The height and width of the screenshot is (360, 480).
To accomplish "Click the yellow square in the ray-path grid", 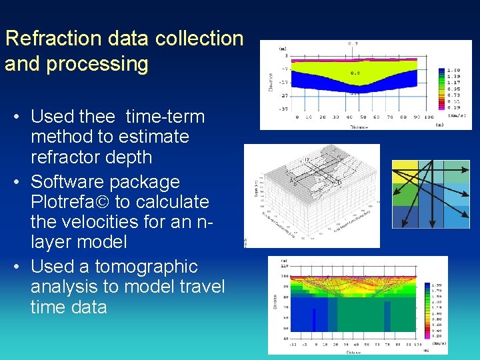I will (x=404, y=171).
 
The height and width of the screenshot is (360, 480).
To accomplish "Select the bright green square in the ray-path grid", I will (x=404, y=194).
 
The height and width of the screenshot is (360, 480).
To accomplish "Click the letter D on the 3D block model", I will (x=341, y=181).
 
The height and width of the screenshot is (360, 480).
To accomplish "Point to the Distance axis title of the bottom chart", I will (x=353, y=352).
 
